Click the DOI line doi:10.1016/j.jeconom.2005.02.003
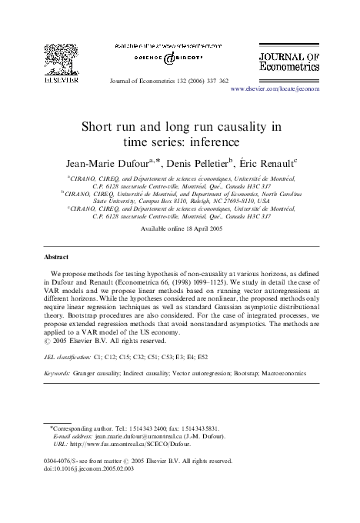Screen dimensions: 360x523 (90, 468)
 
